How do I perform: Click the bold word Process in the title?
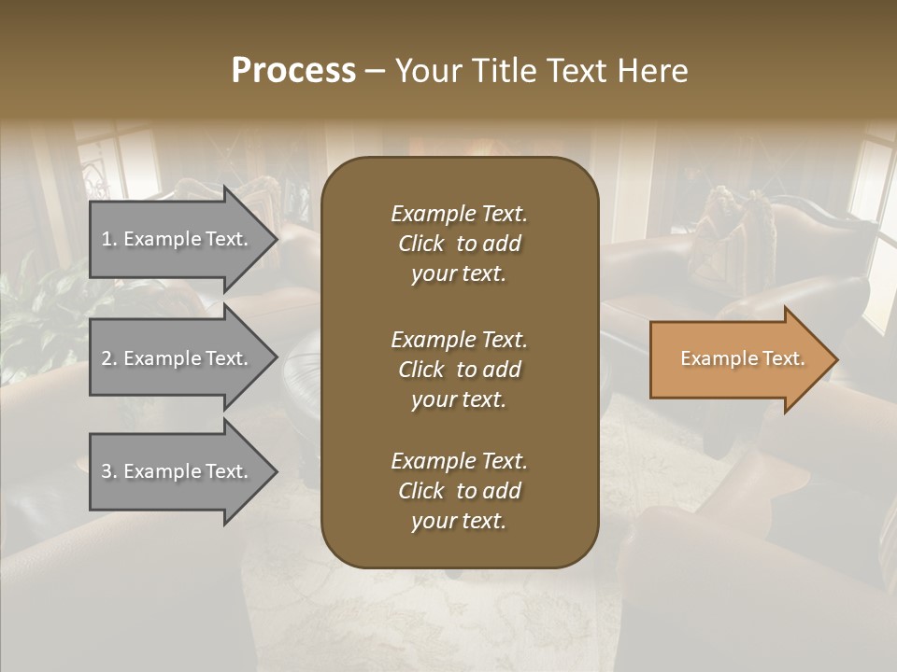coord(293,71)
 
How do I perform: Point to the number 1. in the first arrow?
coord(109,239)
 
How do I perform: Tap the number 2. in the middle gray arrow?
coord(109,358)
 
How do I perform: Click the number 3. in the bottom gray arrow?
coord(109,471)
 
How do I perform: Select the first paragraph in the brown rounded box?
coord(459,244)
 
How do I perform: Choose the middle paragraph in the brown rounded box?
coord(459,370)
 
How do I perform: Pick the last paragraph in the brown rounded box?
coord(459,491)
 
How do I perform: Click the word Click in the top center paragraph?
coord(420,245)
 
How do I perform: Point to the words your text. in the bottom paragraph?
coord(459,522)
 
